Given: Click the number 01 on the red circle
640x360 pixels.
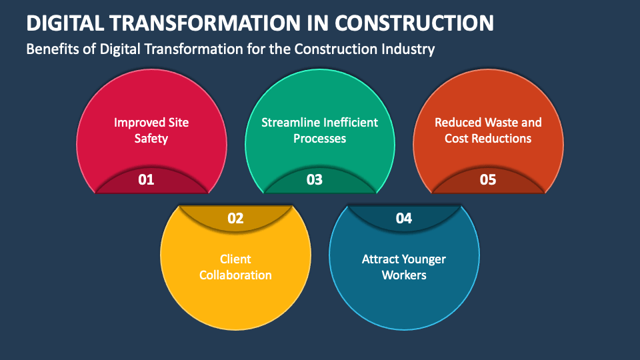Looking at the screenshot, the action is pyautogui.click(x=146, y=179).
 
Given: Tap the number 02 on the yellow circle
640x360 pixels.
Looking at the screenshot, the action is pyautogui.click(x=235, y=219).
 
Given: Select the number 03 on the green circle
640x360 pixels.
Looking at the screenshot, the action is pyautogui.click(x=315, y=179).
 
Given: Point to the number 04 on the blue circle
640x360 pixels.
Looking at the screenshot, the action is pyautogui.click(x=404, y=219).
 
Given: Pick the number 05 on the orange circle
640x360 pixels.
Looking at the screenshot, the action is pyautogui.click(x=488, y=179).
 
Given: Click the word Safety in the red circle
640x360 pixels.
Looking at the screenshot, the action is pyautogui.click(x=151, y=139).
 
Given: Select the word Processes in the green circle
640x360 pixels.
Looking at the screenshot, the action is pyautogui.click(x=319, y=139).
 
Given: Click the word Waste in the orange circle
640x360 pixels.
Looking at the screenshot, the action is pyautogui.click(x=491, y=123).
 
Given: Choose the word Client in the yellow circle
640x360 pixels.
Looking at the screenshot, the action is pyautogui.click(x=235, y=259).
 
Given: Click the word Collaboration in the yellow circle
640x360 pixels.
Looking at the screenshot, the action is pyautogui.click(x=235, y=275).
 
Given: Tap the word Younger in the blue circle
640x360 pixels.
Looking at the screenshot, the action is pyautogui.click(x=424, y=259).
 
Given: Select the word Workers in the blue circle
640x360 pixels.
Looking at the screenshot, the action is pyautogui.click(x=404, y=275).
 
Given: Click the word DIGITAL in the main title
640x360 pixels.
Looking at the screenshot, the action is pyautogui.click(x=65, y=23).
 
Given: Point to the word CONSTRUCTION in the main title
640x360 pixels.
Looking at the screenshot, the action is pyautogui.click(x=414, y=23).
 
